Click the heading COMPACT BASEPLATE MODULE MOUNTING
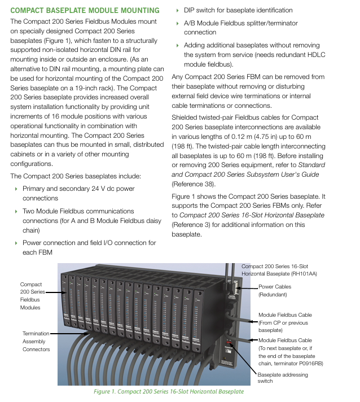point(85,10)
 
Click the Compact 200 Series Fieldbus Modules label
point(32,296)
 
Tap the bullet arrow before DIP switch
point(177,10)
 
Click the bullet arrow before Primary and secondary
point(16,189)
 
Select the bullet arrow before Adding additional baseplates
point(177,45)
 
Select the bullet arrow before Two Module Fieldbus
point(16,211)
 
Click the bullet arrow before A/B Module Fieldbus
point(177,24)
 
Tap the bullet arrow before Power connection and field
point(16,243)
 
